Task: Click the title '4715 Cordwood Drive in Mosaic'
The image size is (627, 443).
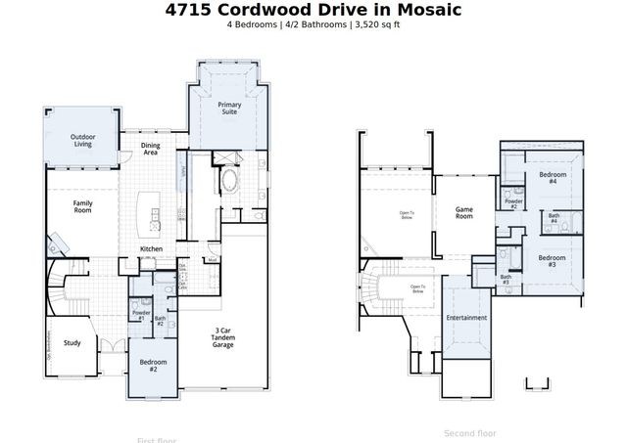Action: (x=313, y=10)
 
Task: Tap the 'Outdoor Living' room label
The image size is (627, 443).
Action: (x=82, y=141)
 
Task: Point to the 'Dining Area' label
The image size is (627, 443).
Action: (x=151, y=149)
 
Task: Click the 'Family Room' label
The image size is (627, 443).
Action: (x=82, y=206)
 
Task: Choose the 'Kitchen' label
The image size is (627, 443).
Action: (x=151, y=249)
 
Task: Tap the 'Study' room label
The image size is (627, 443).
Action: (x=72, y=342)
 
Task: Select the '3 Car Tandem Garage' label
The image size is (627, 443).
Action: (x=223, y=339)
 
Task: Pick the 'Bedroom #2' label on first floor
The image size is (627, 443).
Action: (x=153, y=365)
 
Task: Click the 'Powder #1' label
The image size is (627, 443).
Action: (x=139, y=316)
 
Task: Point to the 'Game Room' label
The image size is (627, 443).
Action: (x=464, y=211)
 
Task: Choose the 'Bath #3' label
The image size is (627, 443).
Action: (x=506, y=279)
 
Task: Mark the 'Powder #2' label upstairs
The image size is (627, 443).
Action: (x=511, y=203)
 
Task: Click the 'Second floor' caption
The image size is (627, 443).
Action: (x=470, y=432)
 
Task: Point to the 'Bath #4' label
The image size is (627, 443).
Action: (x=555, y=217)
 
